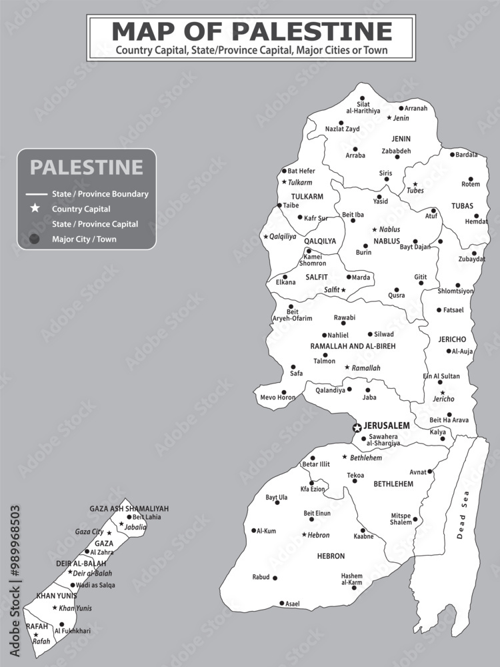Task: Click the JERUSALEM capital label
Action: click(387, 426)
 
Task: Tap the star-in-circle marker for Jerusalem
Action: click(357, 427)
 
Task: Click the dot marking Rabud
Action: click(275, 578)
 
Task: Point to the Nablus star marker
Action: click(375, 229)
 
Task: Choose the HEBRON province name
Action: click(331, 556)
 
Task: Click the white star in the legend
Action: click(35, 209)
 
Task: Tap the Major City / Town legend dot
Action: click(35, 239)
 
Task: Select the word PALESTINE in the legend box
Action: click(86, 167)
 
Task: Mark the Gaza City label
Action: click(89, 532)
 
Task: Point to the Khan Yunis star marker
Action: click(55, 608)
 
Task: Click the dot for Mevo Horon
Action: click(284, 392)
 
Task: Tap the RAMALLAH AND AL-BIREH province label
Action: click(353, 347)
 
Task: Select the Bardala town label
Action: click(467, 155)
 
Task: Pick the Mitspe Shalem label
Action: click(401, 519)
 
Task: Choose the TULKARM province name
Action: click(307, 197)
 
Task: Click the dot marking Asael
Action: click(281, 603)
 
